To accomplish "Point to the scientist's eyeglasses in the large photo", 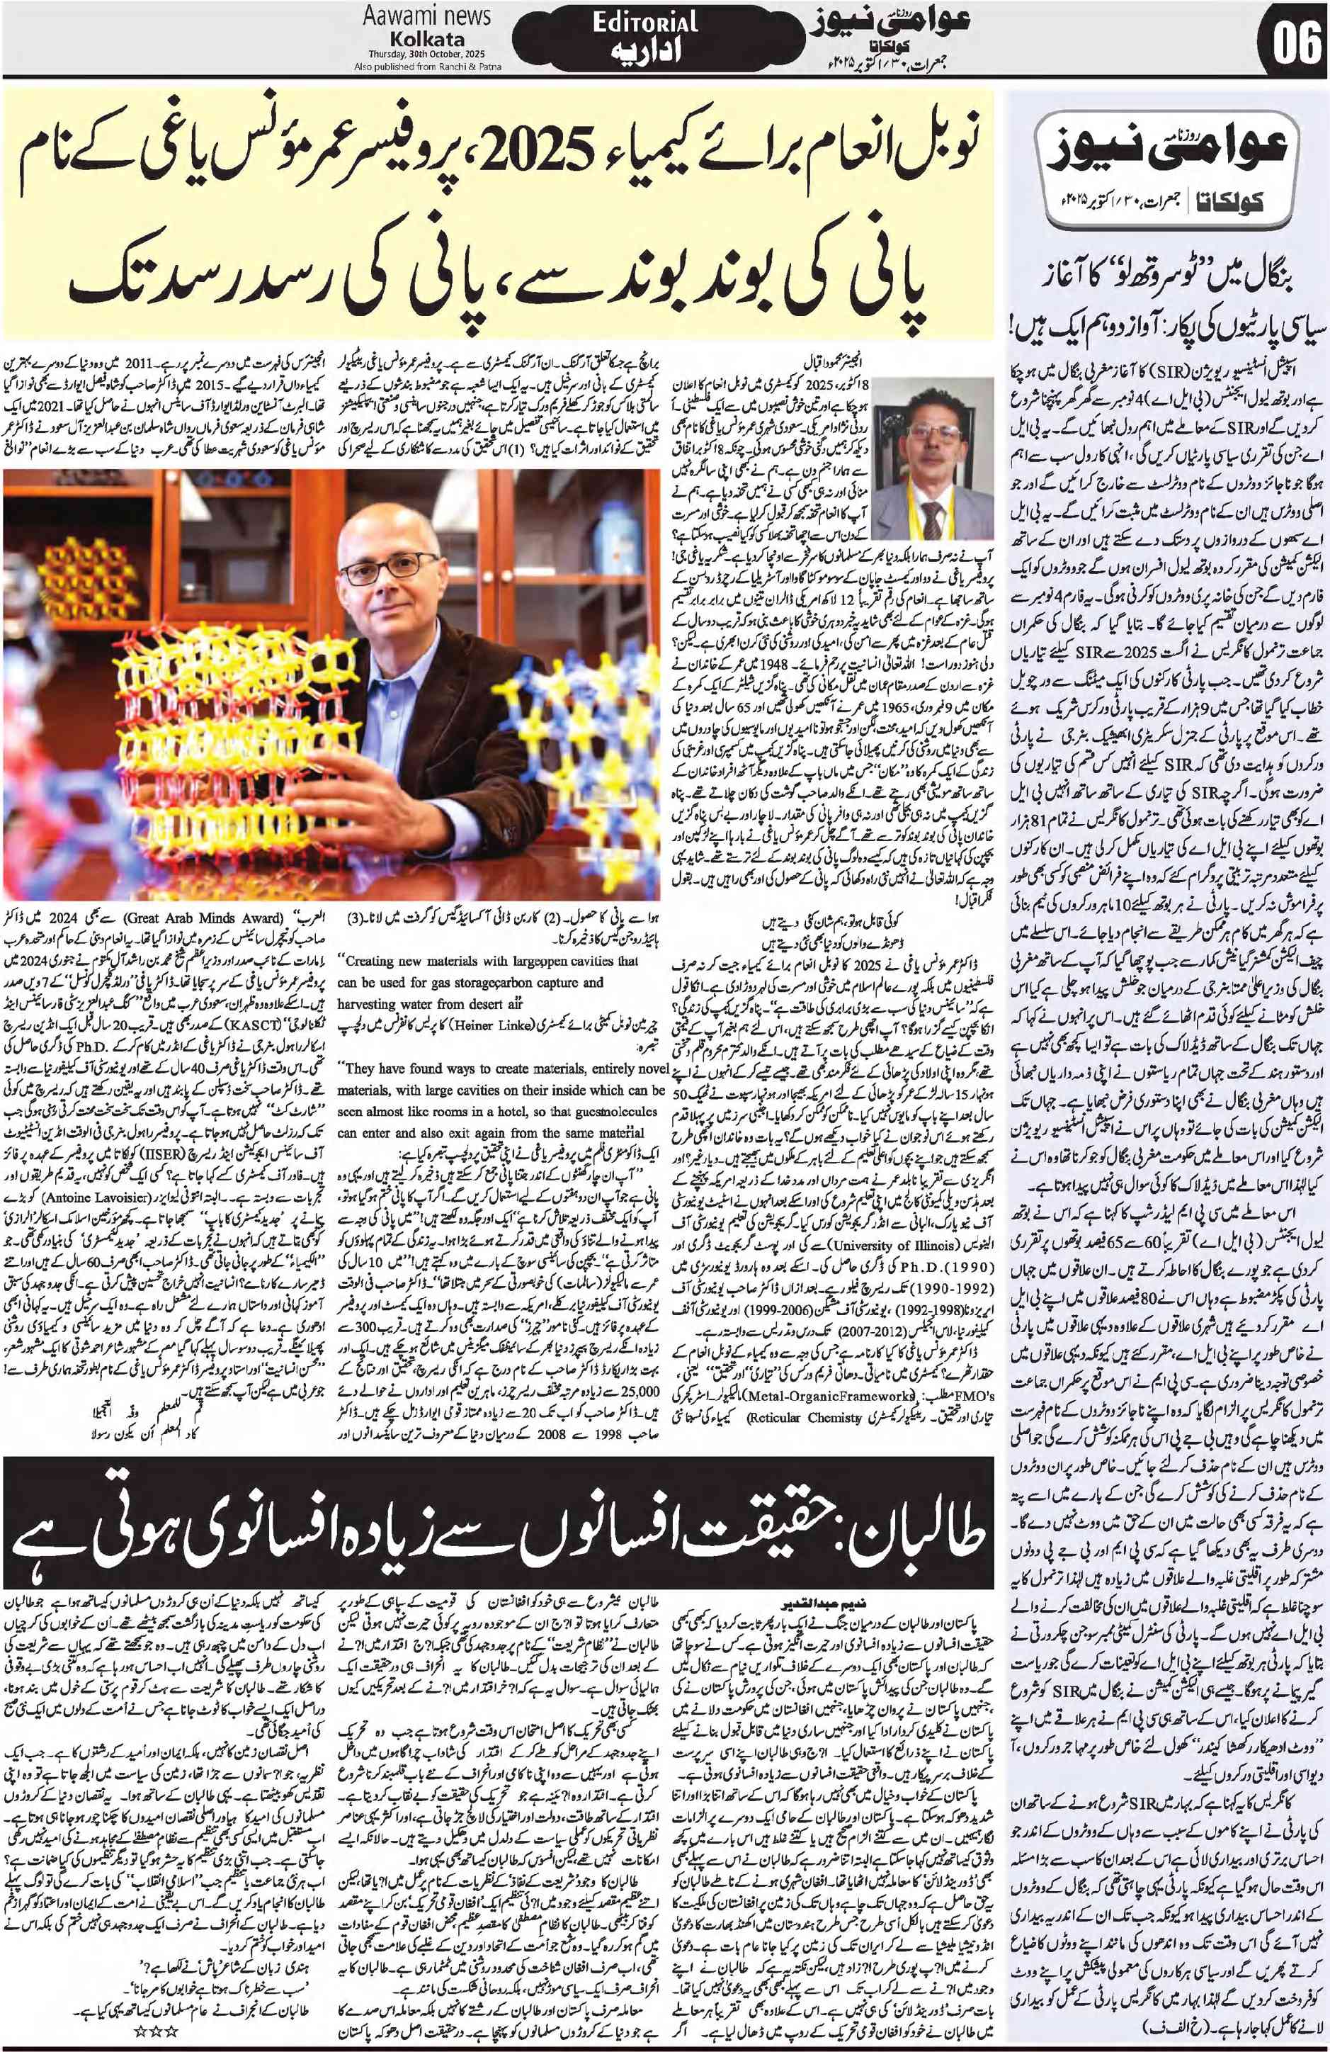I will (392, 568).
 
